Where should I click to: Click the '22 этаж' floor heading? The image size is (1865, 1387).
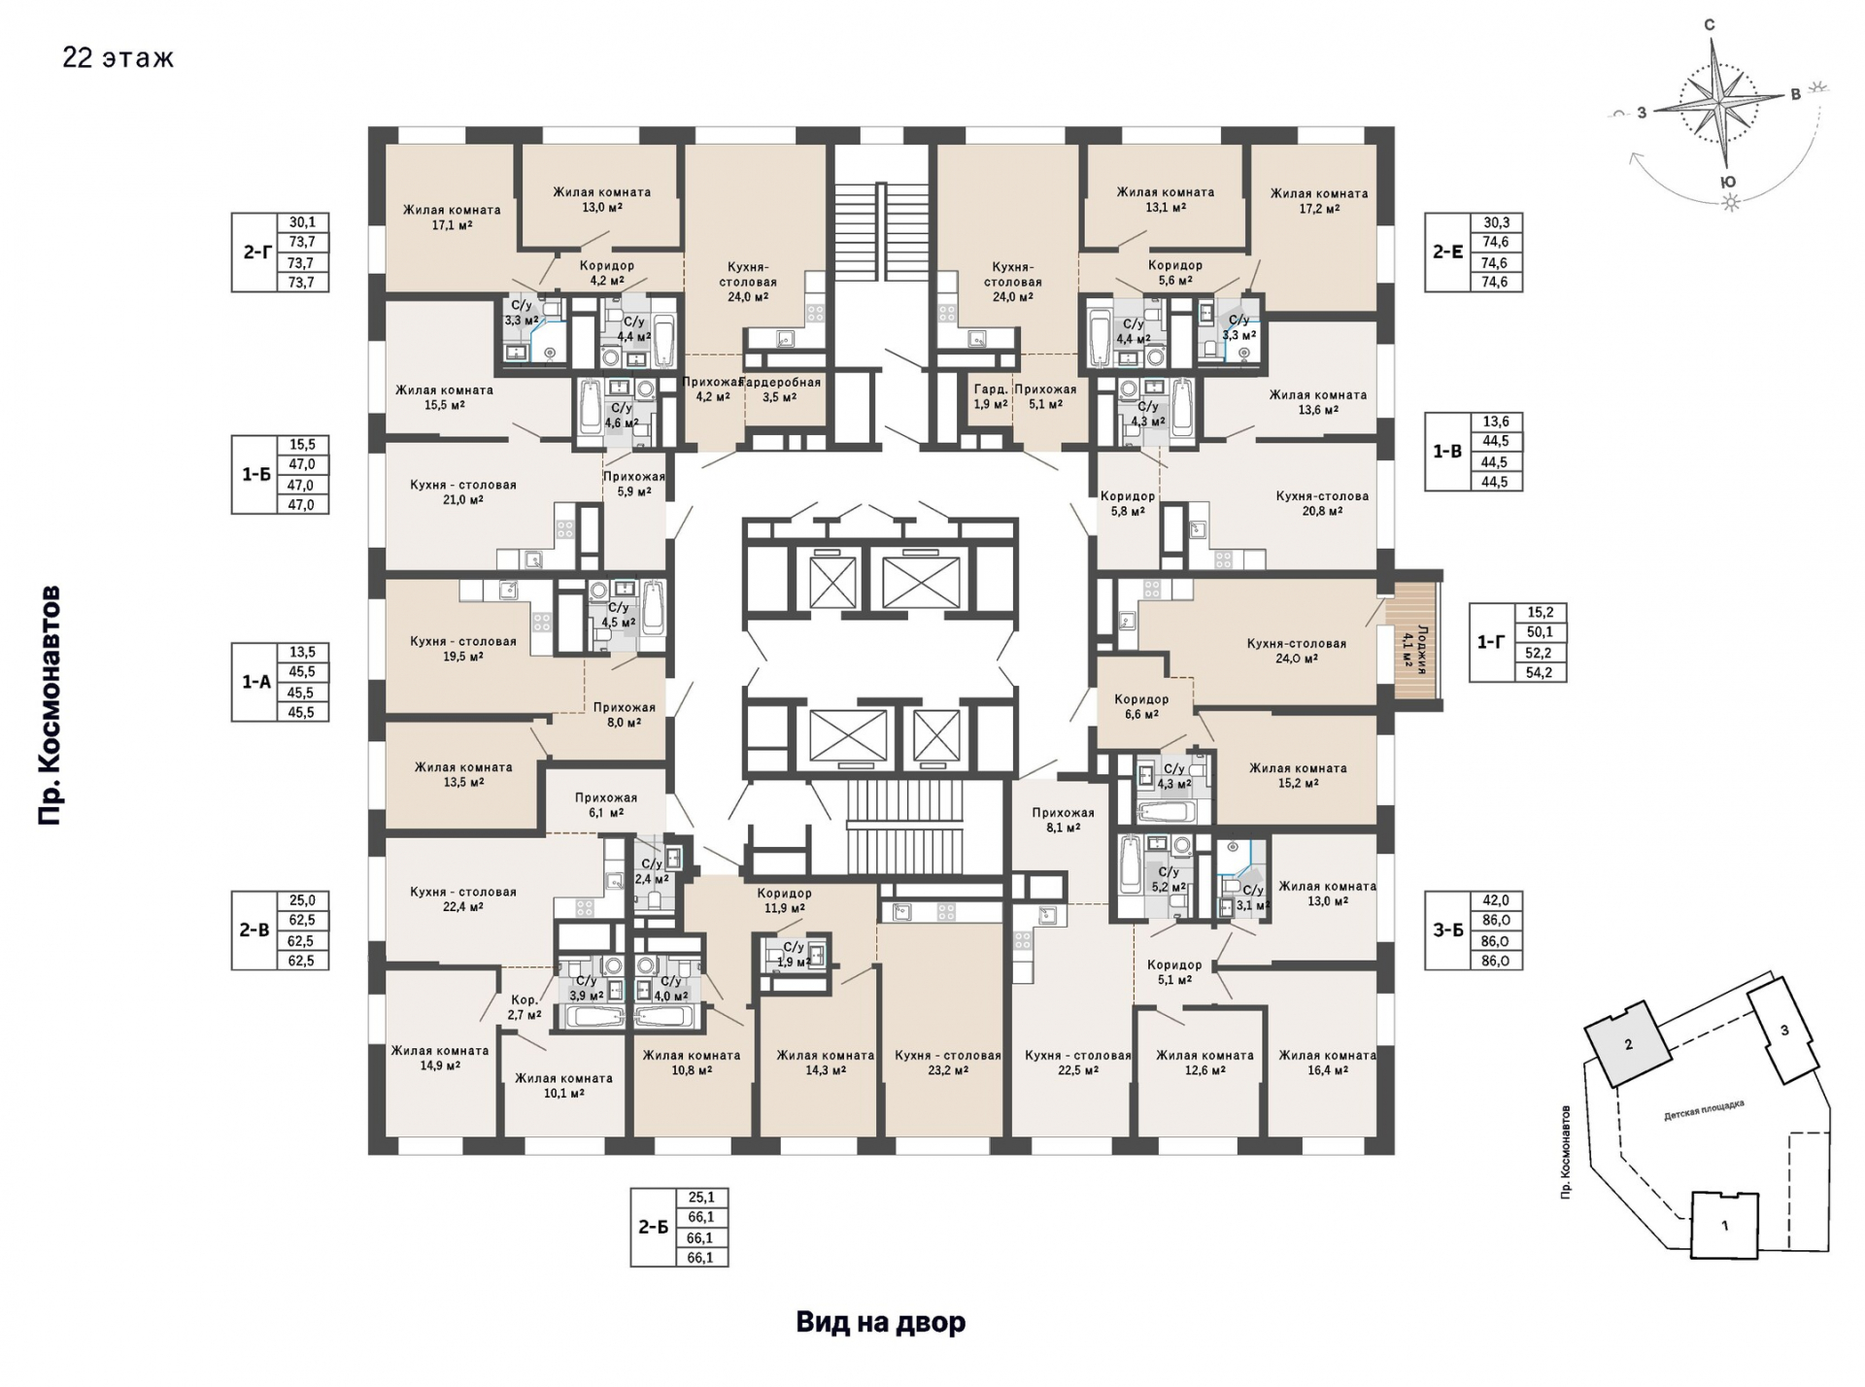click(119, 58)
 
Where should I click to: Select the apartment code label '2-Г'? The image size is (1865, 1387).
click(256, 252)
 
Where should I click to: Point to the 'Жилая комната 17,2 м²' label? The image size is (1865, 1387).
click(1319, 201)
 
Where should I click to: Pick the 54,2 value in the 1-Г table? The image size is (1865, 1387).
click(1540, 672)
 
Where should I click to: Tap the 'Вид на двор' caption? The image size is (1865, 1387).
click(881, 1322)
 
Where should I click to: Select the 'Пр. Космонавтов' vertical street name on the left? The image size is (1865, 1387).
click(50, 705)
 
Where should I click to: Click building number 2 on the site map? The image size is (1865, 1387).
click(1629, 1044)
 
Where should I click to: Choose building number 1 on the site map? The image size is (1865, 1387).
click(1725, 1226)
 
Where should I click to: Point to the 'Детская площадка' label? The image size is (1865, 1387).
click(1704, 1110)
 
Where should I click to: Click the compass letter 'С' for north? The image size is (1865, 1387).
click(1710, 25)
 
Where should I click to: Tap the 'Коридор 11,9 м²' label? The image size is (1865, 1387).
click(785, 901)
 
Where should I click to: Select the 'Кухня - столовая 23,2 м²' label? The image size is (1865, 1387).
click(948, 1063)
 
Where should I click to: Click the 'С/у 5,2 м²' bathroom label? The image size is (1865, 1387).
click(1170, 880)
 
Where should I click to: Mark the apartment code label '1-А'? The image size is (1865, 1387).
click(256, 682)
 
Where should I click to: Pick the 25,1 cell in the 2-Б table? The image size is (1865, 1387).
click(701, 1198)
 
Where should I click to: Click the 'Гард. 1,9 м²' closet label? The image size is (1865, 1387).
click(991, 396)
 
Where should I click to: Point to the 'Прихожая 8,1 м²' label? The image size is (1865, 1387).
click(1064, 821)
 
